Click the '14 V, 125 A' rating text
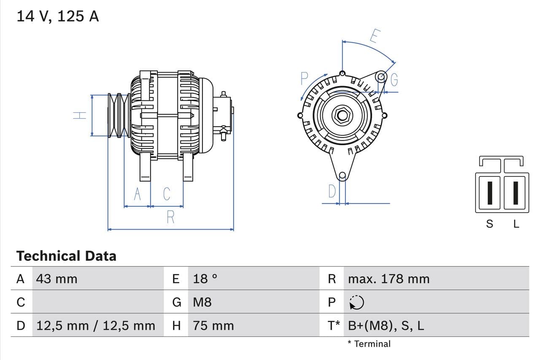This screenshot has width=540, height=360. click(x=58, y=16)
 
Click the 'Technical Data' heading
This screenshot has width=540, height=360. click(x=66, y=256)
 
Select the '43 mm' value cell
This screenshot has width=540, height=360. click(x=57, y=279)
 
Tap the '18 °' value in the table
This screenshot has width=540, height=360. click(x=205, y=279)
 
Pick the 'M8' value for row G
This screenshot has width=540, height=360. click(x=202, y=302)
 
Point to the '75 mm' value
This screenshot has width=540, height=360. click(x=213, y=325)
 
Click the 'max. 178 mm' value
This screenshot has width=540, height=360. click(x=389, y=279)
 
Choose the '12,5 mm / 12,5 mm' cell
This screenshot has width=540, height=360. click(x=96, y=325)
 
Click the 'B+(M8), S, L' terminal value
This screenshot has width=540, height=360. click(x=386, y=325)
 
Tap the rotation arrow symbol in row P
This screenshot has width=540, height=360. click(x=357, y=302)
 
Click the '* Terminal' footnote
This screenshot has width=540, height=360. click(x=369, y=344)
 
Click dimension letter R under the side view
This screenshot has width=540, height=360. click(x=170, y=217)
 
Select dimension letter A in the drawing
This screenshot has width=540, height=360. click(x=137, y=194)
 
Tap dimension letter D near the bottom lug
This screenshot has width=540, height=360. click(x=332, y=192)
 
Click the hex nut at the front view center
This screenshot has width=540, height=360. click(x=342, y=115)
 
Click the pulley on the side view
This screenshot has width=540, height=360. click(x=119, y=115)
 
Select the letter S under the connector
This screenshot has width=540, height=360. click(x=489, y=224)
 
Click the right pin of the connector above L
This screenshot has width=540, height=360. click(x=515, y=192)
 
